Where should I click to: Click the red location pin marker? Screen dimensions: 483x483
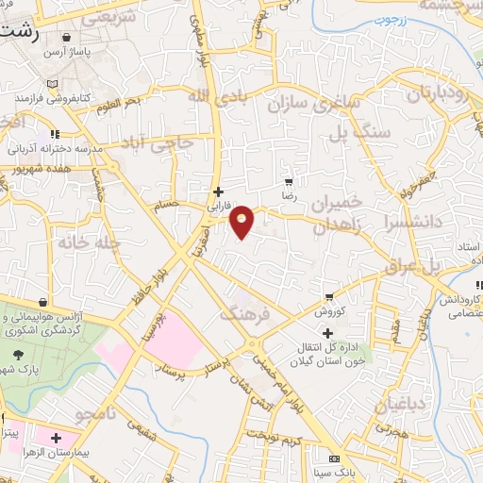243,221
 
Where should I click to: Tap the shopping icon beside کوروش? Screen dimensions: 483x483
328,295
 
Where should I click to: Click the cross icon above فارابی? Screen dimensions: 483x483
218,191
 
